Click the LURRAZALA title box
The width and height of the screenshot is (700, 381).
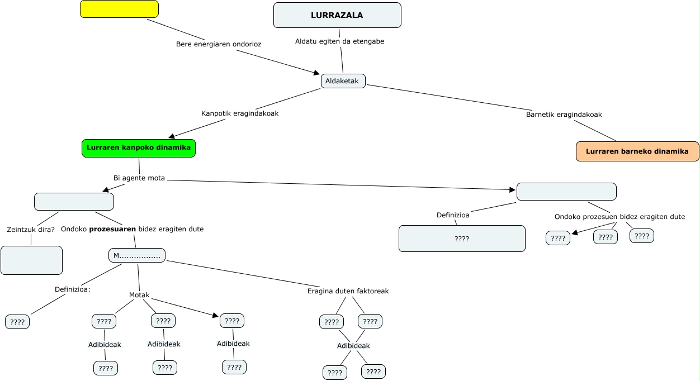[337, 15]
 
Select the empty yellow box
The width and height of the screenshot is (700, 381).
[119, 9]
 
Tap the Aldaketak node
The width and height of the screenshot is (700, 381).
[343, 81]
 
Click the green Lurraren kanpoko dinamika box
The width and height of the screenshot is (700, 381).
[139, 149]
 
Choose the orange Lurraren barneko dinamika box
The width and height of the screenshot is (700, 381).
[637, 151]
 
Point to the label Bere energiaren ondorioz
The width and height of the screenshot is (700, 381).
[219, 44]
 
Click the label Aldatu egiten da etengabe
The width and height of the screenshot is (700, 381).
[339, 41]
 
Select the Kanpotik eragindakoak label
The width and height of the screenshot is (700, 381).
[240, 113]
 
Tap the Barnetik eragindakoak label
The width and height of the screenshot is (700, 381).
[564, 115]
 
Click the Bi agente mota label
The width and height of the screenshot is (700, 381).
[139, 179]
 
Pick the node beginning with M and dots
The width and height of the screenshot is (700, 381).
[137, 256]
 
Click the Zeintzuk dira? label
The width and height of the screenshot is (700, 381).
[31, 230]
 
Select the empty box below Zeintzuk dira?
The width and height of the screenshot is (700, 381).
[31, 260]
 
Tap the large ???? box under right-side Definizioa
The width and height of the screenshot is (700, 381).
[462, 239]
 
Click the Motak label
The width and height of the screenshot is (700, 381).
[139, 295]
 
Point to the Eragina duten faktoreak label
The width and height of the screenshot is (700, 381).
[348, 291]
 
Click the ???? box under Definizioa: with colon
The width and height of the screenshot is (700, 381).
[17, 322]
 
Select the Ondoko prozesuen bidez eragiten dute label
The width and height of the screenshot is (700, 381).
[619, 217]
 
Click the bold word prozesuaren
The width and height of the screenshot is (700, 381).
[112, 229]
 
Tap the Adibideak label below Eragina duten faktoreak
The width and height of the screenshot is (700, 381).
[353, 346]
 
